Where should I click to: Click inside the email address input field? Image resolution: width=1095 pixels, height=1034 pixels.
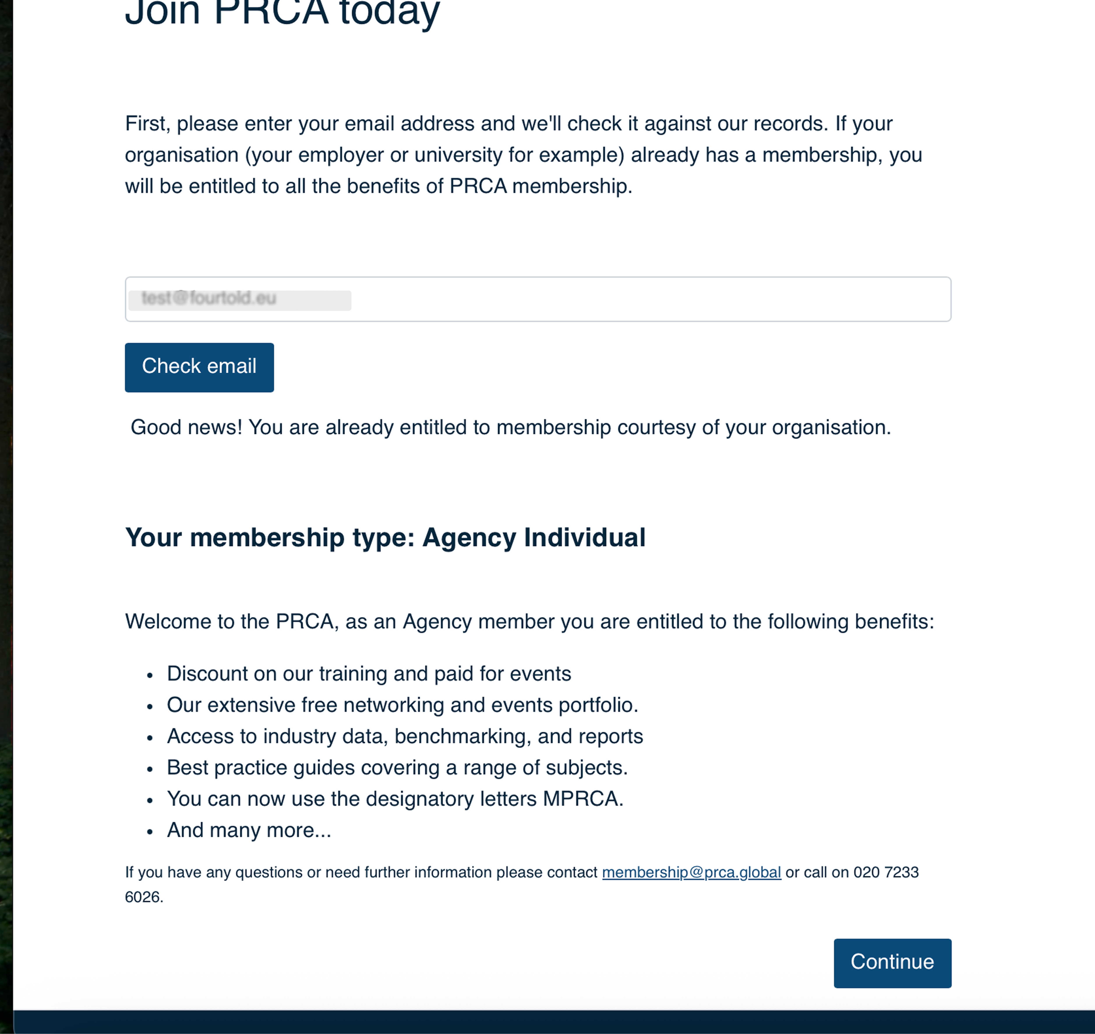[x=606, y=299]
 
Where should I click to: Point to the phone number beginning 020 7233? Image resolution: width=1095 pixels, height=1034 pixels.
[x=885, y=872]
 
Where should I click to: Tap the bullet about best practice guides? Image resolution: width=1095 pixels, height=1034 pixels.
[x=397, y=768]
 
